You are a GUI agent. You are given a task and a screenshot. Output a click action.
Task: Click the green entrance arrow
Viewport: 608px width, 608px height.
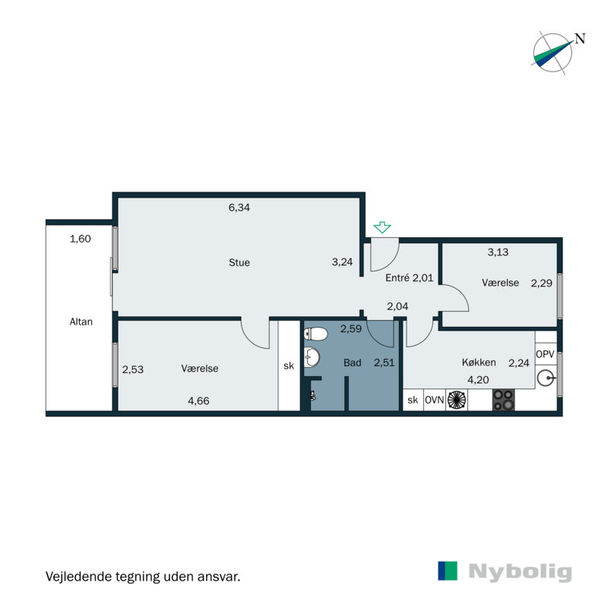pos(382,227)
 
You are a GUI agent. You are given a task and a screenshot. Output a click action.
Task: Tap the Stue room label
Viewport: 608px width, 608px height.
pos(239,263)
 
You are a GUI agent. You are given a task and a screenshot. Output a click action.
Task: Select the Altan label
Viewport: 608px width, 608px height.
pos(81,321)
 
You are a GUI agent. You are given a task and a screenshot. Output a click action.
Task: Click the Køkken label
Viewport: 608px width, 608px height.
pos(479,363)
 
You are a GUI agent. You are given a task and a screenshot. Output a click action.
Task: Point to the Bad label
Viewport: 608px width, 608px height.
pos(352,363)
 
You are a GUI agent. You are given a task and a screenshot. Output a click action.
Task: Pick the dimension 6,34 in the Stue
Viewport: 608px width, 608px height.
pos(239,207)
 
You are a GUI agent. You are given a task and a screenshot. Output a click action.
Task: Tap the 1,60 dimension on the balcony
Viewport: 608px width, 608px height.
pos(81,239)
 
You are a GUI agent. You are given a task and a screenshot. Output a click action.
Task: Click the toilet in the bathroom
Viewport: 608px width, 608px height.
pos(318,333)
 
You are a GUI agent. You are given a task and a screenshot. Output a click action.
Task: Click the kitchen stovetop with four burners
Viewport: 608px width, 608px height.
pos(503,400)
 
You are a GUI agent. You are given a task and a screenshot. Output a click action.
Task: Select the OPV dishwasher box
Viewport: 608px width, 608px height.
pos(545,355)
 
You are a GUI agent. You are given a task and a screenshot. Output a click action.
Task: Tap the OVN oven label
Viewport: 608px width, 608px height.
pos(435,400)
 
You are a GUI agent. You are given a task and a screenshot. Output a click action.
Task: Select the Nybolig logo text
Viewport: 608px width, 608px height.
pos(519,572)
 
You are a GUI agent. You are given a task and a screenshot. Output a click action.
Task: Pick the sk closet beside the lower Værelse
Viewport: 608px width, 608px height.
pos(289,366)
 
